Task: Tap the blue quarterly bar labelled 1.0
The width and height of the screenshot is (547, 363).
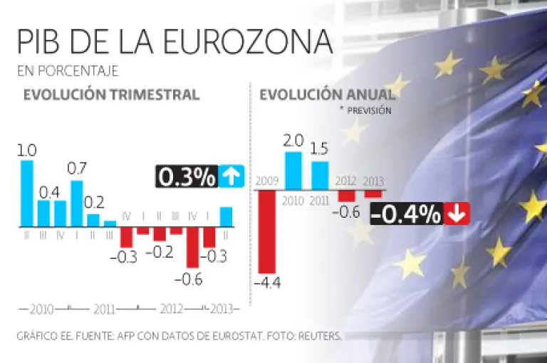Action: click(x=27, y=193)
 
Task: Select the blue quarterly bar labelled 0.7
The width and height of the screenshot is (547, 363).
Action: click(x=77, y=203)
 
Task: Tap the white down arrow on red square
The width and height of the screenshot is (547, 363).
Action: click(x=455, y=214)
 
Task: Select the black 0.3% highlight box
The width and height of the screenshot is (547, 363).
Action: click(x=186, y=177)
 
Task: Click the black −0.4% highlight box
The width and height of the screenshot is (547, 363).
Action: click(x=406, y=214)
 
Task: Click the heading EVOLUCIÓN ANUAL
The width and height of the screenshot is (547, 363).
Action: click(x=327, y=95)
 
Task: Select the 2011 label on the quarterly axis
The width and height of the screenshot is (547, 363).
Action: click(x=104, y=310)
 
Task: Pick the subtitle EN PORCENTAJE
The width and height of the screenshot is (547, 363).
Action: click(x=67, y=71)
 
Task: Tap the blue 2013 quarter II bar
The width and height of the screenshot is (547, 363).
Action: click(x=226, y=216)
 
